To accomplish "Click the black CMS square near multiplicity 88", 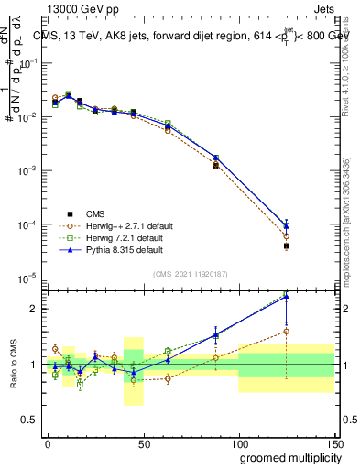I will [215, 166].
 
